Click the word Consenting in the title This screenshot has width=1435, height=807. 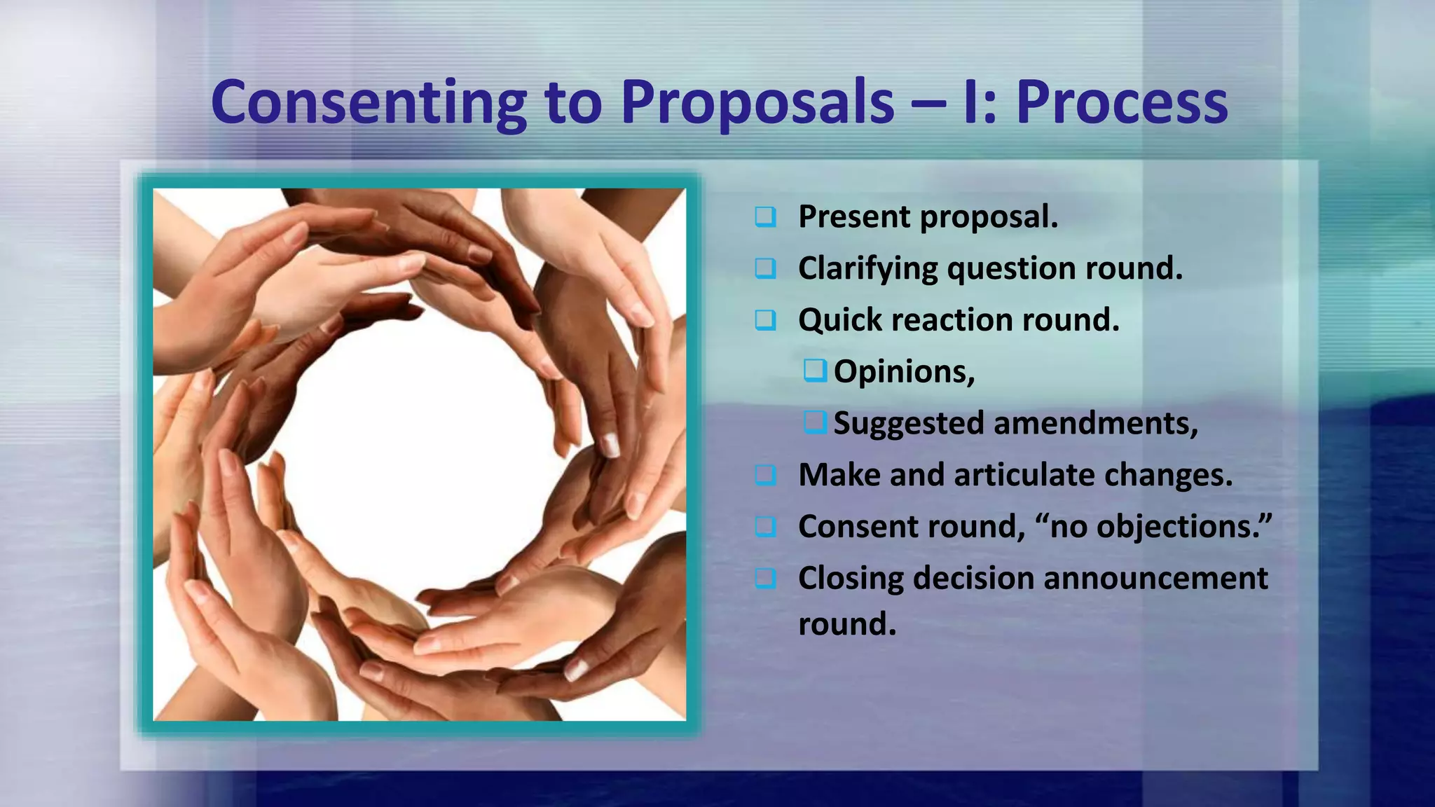click(369, 102)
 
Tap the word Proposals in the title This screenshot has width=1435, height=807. click(757, 102)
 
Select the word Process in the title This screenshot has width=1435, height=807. click(1122, 102)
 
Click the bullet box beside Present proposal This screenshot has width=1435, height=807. click(765, 216)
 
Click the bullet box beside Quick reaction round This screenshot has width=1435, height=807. click(765, 320)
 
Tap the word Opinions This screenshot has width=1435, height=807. click(903, 371)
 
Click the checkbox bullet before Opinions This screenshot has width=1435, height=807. click(815, 370)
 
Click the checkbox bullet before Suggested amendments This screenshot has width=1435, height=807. click(815, 422)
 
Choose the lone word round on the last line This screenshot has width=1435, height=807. click(846, 624)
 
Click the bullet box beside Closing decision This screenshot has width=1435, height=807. click(765, 579)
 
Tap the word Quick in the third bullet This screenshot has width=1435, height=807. click(840, 321)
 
